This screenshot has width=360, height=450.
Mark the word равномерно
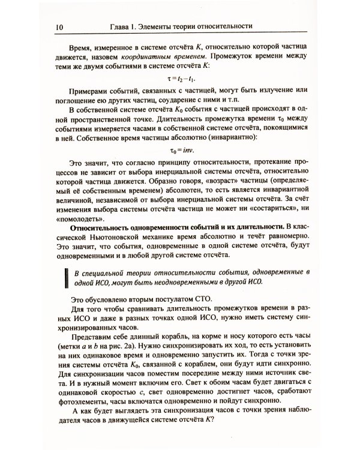coord(287,245)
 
